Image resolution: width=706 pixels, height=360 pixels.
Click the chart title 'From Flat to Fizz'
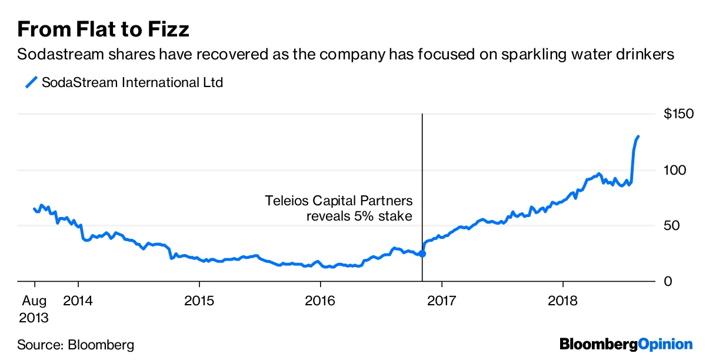pos(103,29)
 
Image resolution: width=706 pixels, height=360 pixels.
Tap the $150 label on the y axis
pos(678,114)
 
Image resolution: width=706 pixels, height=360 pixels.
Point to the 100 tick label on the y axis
pos(675,170)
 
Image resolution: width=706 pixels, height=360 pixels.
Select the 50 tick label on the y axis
pos(672,226)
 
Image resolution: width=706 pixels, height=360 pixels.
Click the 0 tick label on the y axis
pos(668,282)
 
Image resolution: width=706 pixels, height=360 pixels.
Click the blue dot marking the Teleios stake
pos(422,254)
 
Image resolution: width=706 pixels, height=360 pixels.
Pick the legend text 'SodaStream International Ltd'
pos(132,82)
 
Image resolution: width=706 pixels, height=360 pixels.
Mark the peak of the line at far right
pos(638,136)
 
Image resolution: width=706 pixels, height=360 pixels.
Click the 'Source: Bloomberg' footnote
pos(76,344)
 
